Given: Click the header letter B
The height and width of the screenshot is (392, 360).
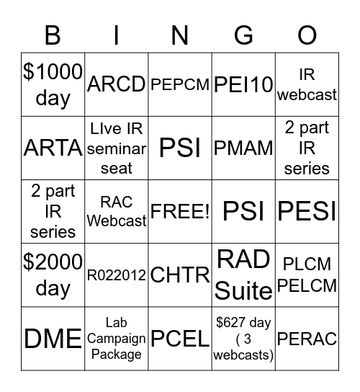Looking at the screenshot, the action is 53,35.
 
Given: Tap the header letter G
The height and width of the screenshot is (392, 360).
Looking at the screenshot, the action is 243,35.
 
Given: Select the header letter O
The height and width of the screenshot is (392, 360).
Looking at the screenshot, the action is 307,35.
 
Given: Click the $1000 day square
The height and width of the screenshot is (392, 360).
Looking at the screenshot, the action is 53,84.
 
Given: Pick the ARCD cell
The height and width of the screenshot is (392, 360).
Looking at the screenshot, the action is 116,84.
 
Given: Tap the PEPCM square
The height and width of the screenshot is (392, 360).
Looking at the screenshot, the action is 180,84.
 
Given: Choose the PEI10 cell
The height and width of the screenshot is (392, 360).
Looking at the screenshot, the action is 243,84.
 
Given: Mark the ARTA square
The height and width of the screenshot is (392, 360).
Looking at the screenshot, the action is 53,148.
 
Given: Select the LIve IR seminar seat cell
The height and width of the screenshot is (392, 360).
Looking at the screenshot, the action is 116,148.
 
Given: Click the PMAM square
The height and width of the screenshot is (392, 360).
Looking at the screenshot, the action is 243,148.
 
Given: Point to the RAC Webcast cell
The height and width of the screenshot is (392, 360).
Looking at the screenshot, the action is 116,211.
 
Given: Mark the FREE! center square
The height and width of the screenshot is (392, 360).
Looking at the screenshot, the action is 180,211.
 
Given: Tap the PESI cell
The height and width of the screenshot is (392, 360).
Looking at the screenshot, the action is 307,211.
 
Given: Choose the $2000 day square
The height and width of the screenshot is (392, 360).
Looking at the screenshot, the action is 53,275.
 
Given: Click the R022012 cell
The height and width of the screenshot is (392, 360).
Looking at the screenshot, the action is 116,275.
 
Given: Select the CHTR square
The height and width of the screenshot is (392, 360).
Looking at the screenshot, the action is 180,275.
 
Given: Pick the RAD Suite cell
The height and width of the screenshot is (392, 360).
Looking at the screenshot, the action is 243,275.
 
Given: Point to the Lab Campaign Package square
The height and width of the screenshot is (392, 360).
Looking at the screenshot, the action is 116,338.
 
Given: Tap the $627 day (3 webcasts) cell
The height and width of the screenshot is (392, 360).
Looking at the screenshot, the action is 243,338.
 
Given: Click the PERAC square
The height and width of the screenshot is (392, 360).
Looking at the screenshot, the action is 307,338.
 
